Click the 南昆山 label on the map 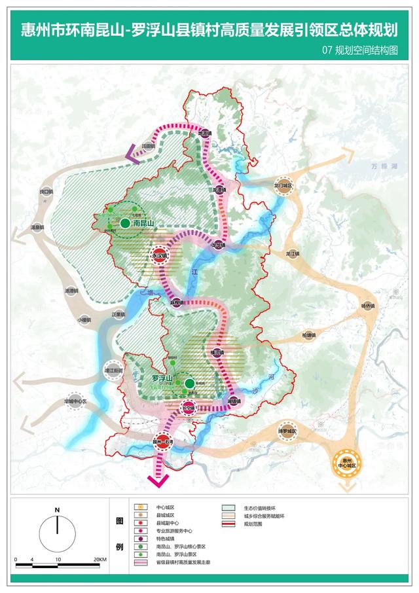pyautogui.click(x=143, y=224)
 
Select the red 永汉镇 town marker pyautogui.click(x=158, y=256)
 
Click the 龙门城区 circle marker pyautogui.click(x=283, y=186)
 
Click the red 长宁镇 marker pyautogui.click(x=189, y=407)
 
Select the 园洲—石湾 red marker pyautogui.click(x=163, y=441)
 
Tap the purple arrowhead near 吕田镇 pyautogui.click(x=133, y=157)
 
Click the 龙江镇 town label pyautogui.click(x=292, y=253)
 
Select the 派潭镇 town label pyautogui.click(x=71, y=290)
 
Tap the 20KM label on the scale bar pyautogui.click(x=100, y=560)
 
